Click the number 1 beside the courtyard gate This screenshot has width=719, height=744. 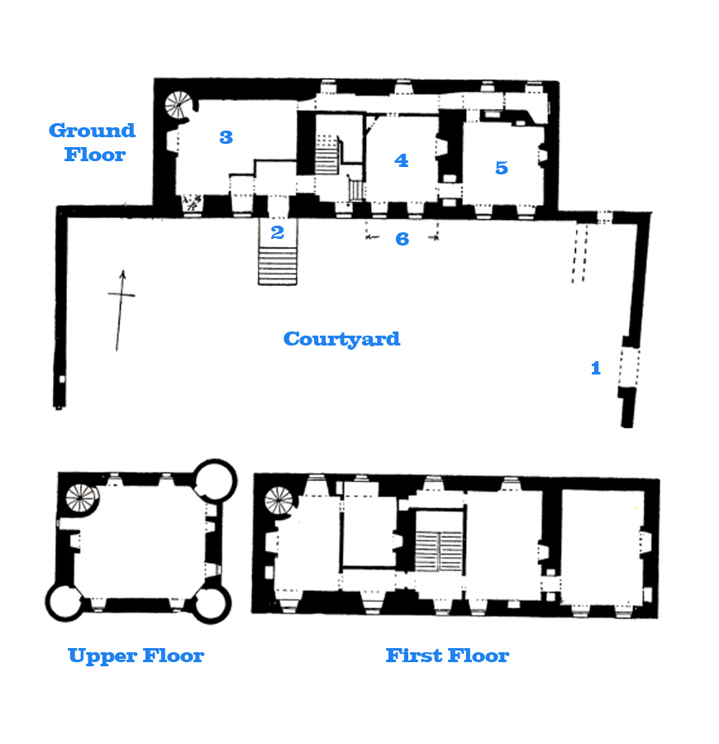point(595,369)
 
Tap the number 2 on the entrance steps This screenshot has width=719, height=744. point(277,233)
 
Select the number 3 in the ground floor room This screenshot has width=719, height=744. point(226,137)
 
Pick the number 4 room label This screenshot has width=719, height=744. point(402,160)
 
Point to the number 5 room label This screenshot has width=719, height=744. point(502,168)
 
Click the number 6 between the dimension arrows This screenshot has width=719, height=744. point(402,240)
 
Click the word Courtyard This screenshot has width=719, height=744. point(341,339)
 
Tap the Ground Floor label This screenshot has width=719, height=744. point(92,142)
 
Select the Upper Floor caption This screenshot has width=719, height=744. point(136,656)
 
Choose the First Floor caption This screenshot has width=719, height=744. point(447,656)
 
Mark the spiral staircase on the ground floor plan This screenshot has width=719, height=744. point(178,105)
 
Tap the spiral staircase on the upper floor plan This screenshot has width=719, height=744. point(82,497)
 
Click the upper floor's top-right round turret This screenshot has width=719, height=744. point(215,479)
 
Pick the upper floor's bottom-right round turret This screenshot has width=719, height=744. point(213,604)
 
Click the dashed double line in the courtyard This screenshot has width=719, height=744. point(579,252)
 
